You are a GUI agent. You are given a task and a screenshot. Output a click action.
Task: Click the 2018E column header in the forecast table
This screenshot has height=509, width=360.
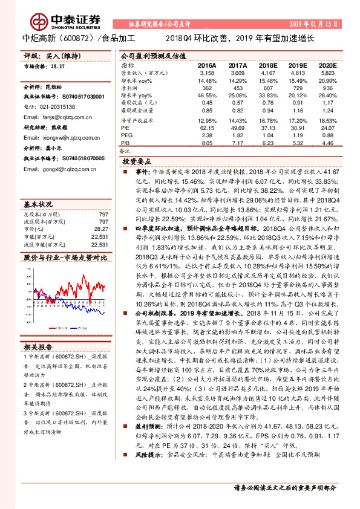[267, 65]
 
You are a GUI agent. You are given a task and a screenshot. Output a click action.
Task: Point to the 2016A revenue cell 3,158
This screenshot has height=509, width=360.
[207, 73]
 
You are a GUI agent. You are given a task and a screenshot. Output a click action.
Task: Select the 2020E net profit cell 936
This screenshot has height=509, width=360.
[327, 88]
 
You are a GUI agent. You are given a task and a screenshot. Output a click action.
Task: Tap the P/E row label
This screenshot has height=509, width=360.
[125, 128]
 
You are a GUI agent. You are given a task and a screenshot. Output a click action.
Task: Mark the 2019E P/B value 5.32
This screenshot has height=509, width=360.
[297, 143]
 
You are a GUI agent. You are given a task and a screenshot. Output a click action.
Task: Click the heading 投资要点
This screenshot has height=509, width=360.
[137, 162]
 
